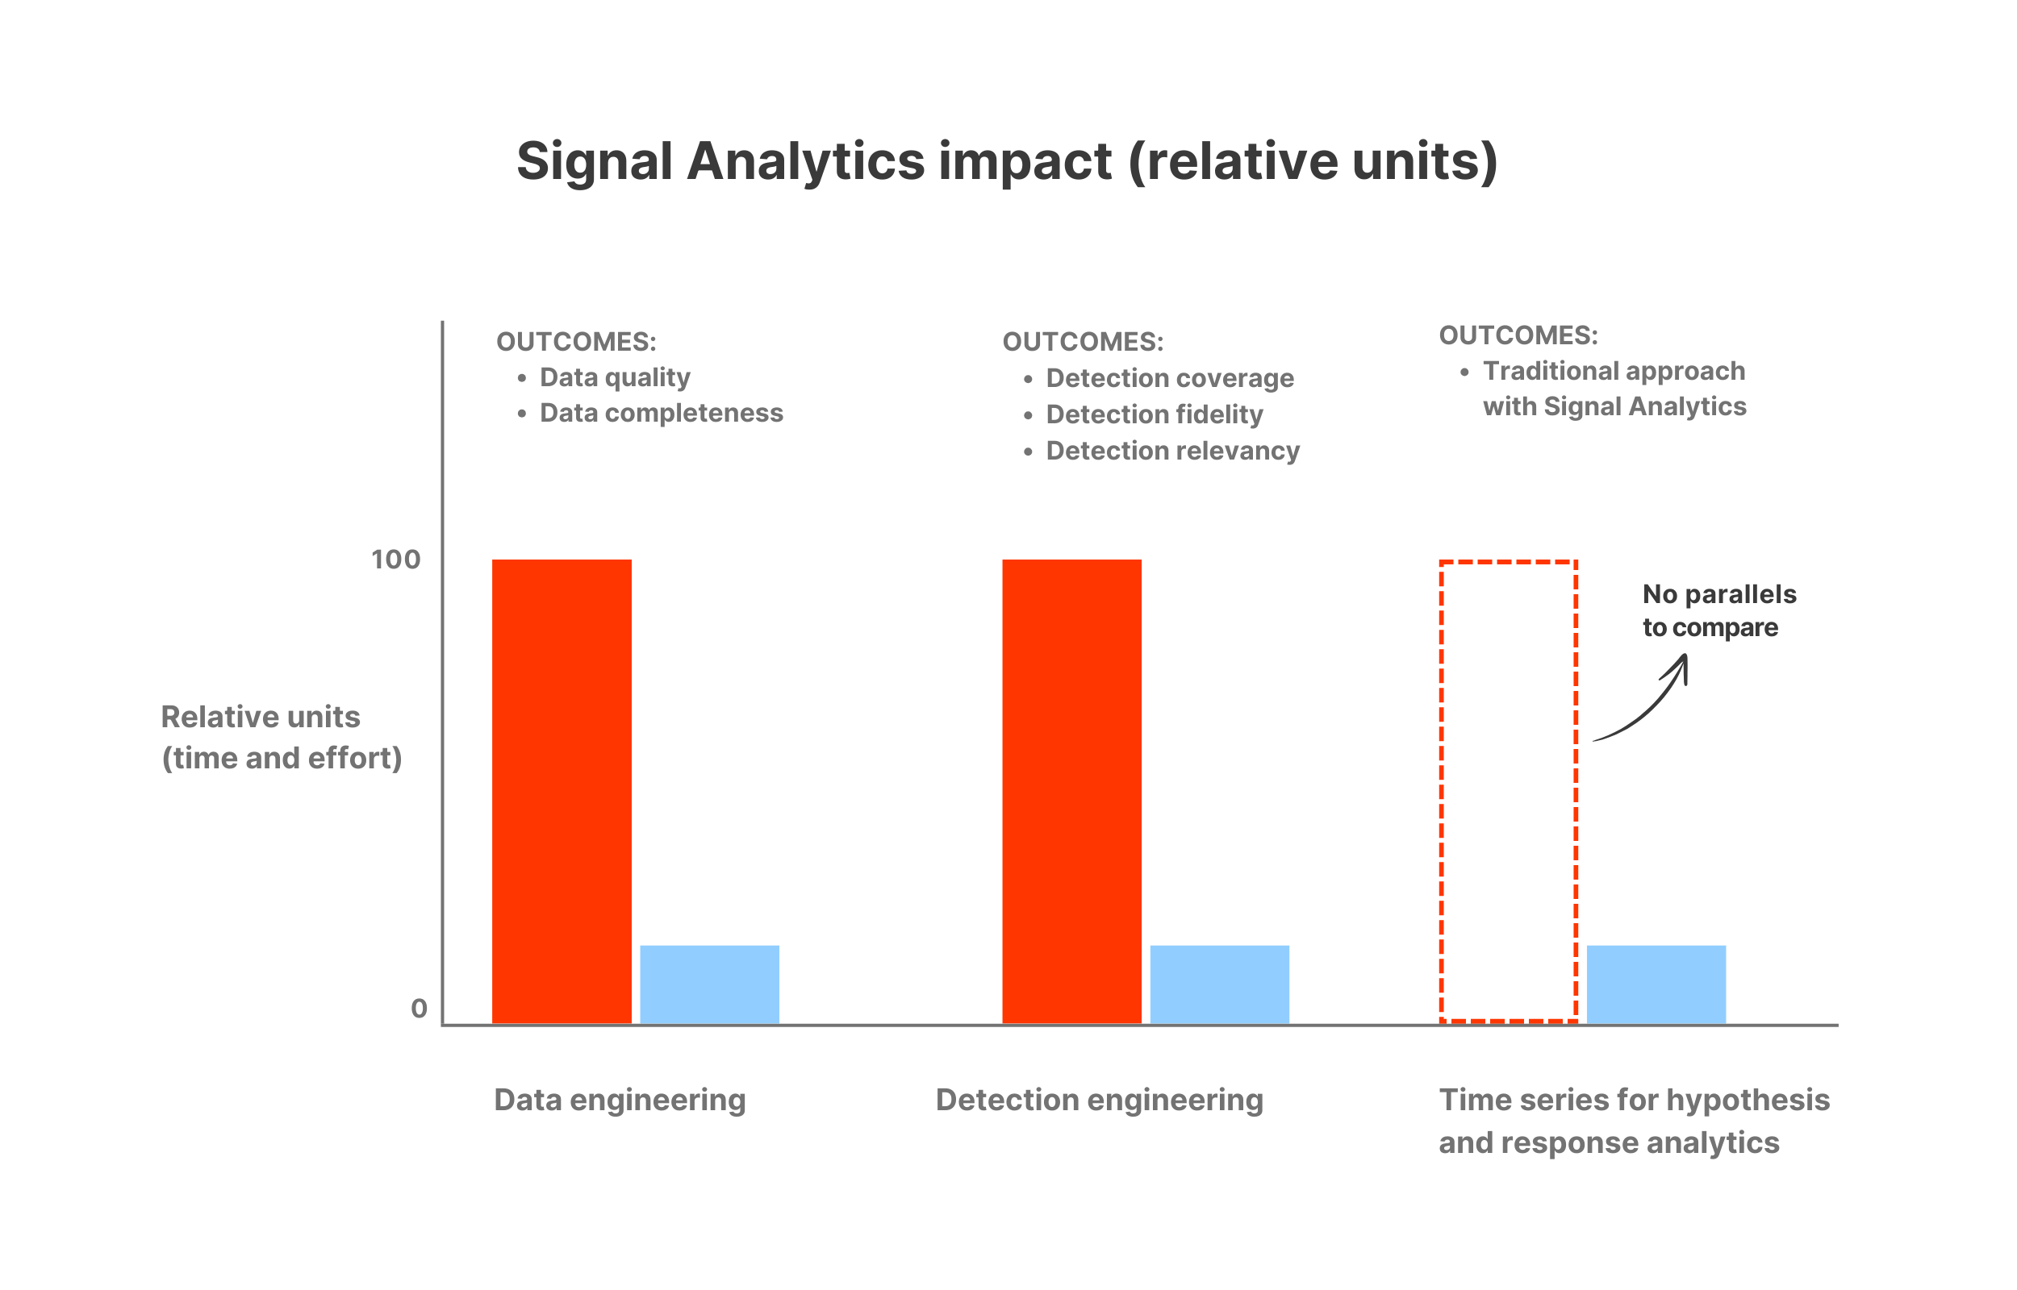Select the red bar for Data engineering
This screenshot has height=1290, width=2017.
click(562, 792)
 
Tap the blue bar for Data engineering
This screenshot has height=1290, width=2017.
click(709, 984)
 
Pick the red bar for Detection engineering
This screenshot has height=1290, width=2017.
click(1071, 792)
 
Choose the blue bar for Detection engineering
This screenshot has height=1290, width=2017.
click(1219, 984)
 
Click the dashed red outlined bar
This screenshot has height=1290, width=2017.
click(1509, 792)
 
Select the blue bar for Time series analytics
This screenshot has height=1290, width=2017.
click(1656, 984)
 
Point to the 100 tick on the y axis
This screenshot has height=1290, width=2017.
click(395, 560)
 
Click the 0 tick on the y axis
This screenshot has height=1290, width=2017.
click(419, 1009)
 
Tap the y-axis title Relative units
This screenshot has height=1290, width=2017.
click(281, 737)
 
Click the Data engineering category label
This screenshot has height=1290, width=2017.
click(620, 1100)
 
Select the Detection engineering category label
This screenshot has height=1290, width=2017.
click(1099, 1100)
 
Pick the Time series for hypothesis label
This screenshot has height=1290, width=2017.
click(1633, 1120)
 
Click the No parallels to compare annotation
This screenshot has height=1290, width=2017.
click(1718, 610)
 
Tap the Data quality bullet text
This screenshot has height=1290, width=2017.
click(614, 378)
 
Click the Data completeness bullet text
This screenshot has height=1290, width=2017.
click(661, 413)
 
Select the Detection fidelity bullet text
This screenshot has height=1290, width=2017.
click(1154, 414)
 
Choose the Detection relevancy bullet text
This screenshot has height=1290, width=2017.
click(1172, 451)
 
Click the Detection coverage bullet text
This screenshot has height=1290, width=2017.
click(1169, 379)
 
